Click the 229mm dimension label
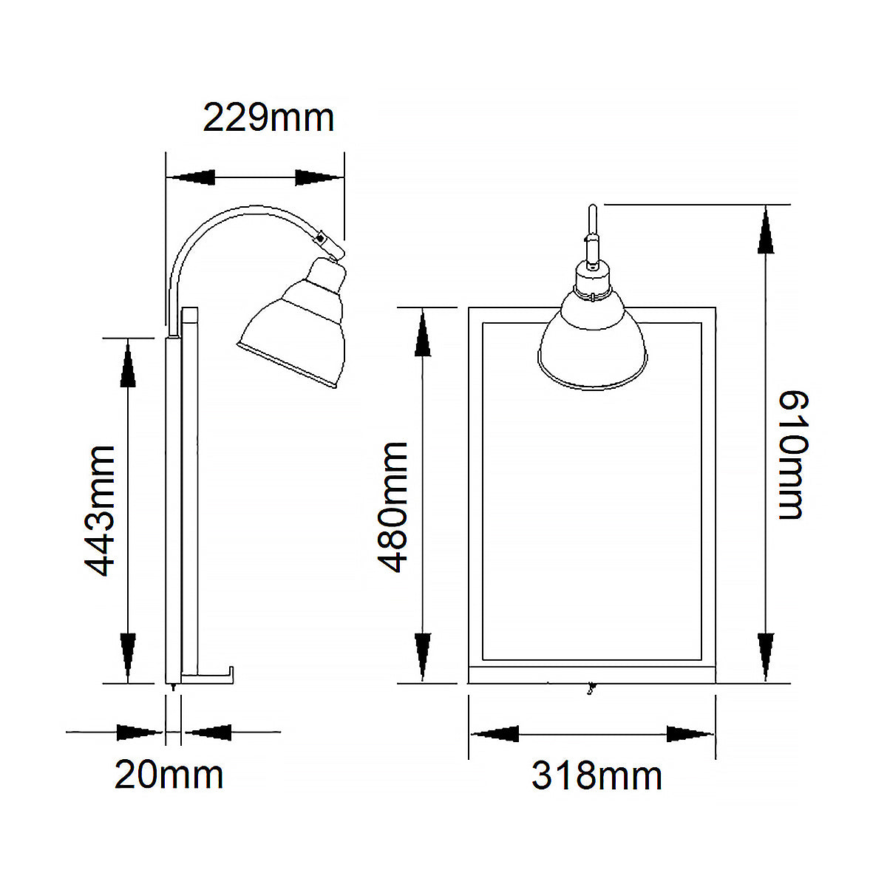(x=268, y=118)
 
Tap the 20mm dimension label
(x=169, y=775)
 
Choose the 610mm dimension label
(x=795, y=455)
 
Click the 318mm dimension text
(x=597, y=776)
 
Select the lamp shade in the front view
(x=593, y=340)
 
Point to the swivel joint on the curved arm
(x=322, y=239)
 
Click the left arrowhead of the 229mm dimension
(x=191, y=177)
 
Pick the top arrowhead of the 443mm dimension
(x=129, y=362)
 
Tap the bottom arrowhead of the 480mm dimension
(x=423, y=656)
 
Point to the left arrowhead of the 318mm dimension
(x=495, y=734)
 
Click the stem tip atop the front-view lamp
(x=591, y=211)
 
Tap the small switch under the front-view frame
(x=590, y=690)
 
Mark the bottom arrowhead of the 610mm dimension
(x=767, y=656)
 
